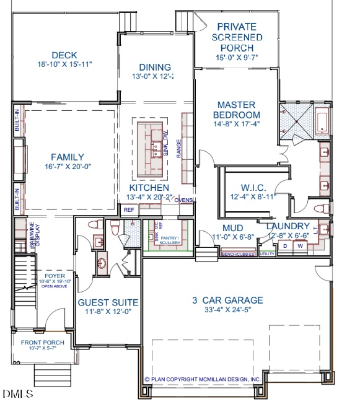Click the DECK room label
tap(64, 55)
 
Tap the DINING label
tap(155, 68)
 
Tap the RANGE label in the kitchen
tap(179, 149)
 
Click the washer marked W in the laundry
tap(301, 246)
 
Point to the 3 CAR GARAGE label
tap(227, 300)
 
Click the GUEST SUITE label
tap(108, 302)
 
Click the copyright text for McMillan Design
tap(201, 379)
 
